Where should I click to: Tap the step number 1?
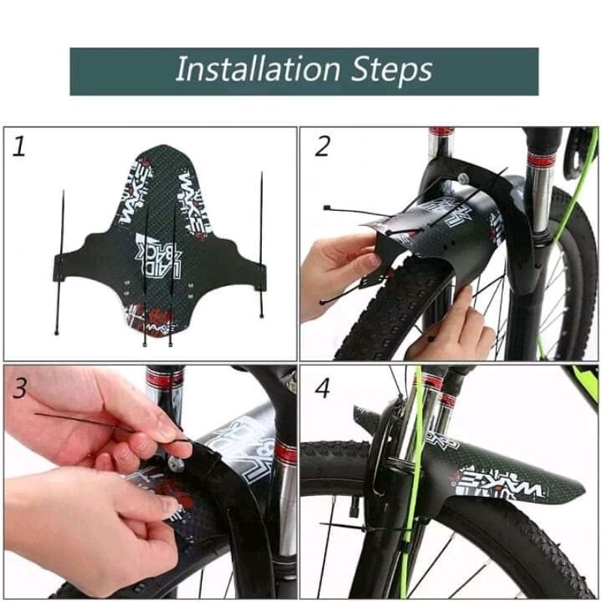click(20, 145)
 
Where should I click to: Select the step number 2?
click(322, 145)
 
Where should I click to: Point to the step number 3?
click(20, 389)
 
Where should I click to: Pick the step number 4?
click(323, 389)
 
